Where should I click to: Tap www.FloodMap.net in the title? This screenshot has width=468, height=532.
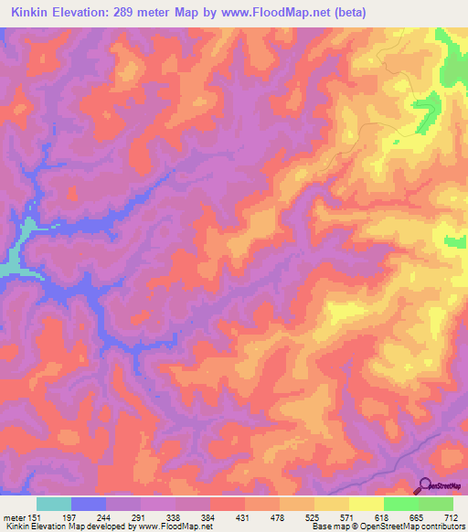tap(292, 12)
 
